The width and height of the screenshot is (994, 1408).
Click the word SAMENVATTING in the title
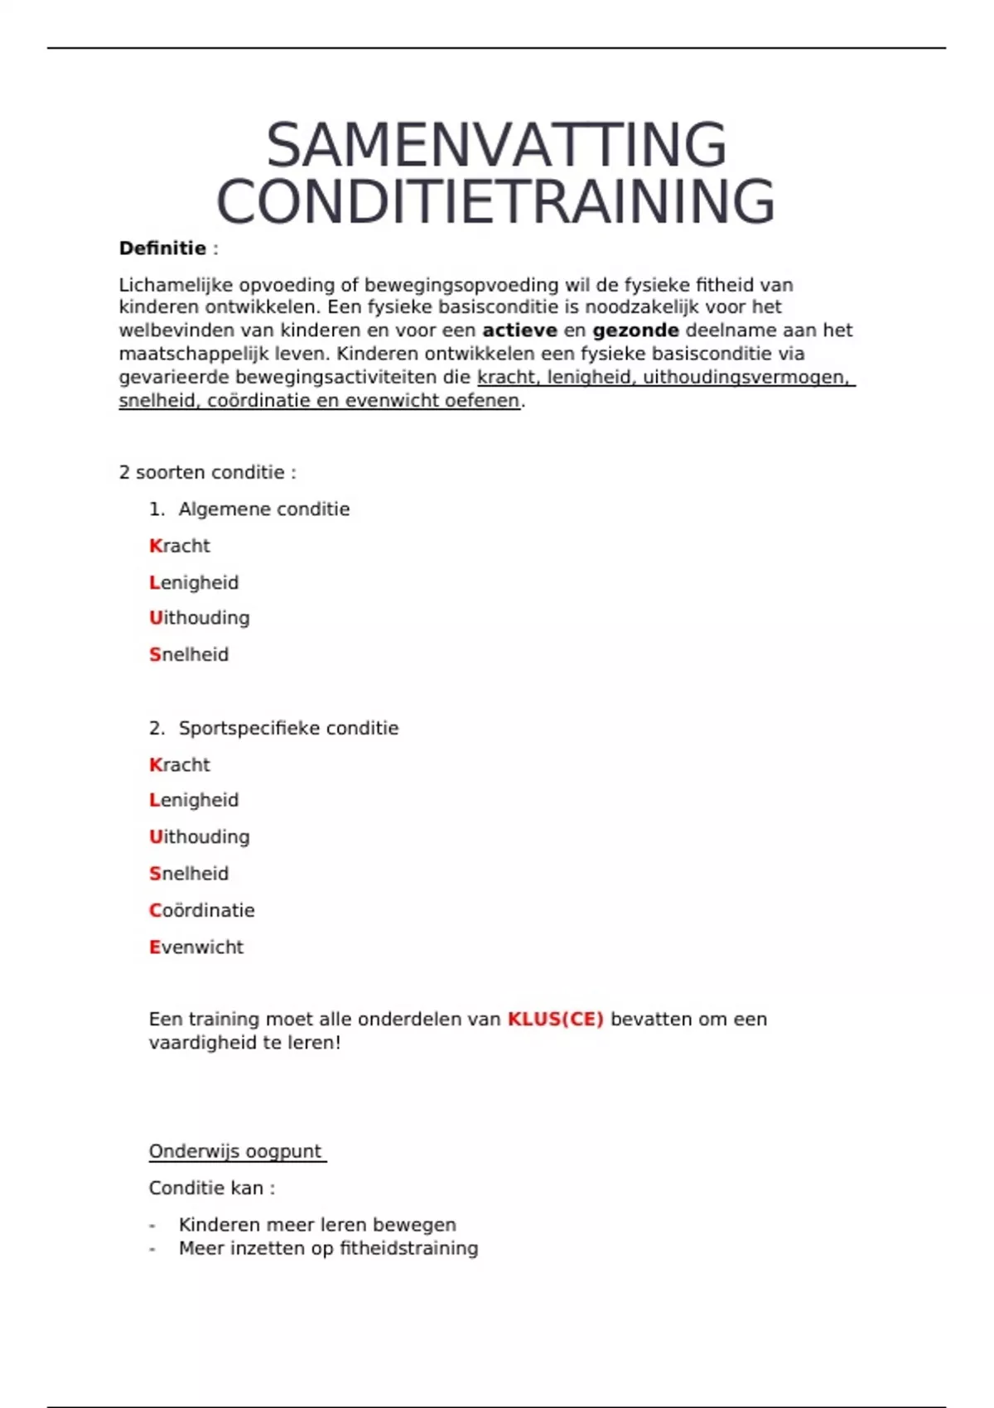[496, 146]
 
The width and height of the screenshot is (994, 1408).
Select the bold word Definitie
[162, 248]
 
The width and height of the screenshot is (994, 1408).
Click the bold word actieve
[519, 330]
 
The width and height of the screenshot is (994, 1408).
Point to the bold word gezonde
[635, 330]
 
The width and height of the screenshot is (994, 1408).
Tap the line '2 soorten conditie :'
[207, 473]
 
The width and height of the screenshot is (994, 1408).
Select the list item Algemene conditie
[263, 509]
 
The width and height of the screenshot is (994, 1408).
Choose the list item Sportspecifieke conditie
[288, 728]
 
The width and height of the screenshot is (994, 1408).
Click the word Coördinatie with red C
[202, 910]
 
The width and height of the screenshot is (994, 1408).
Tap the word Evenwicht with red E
[196, 947]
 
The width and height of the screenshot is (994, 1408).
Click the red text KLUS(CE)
[555, 1020]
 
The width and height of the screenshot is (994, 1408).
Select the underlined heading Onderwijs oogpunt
[235, 1151]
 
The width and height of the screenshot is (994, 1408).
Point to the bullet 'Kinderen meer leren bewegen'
[317, 1225]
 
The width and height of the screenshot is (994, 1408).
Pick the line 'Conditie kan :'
[211, 1189]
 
